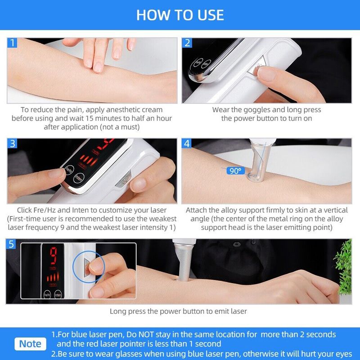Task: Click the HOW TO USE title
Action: tap(180, 15)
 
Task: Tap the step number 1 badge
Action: tap(12, 43)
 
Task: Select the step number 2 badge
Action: tap(187, 43)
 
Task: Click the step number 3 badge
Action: tap(12, 144)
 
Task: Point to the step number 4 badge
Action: tap(187, 144)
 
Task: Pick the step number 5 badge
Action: tap(11, 244)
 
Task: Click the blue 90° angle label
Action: tap(235, 171)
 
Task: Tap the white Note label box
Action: tap(30, 344)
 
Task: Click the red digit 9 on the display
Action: tap(53, 255)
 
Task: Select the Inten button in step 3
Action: tap(79, 178)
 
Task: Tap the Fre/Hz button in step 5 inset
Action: tap(47, 295)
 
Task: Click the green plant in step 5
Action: tap(344, 267)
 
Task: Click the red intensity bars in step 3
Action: tap(89, 160)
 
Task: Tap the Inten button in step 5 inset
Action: tap(58, 295)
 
